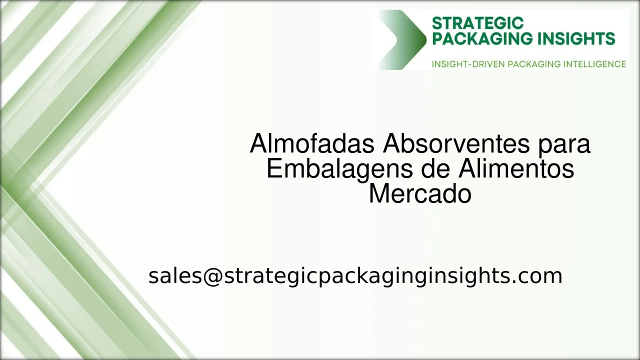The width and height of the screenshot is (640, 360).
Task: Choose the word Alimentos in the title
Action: coord(516,169)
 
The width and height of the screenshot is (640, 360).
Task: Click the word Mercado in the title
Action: coord(420,194)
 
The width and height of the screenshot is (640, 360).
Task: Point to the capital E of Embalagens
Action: coord(274,169)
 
